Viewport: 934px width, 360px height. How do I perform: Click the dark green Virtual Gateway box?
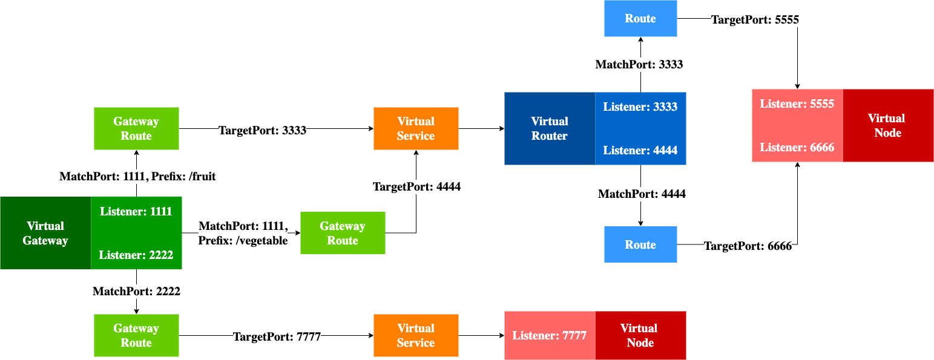(45, 233)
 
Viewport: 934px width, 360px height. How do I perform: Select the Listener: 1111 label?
(136, 212)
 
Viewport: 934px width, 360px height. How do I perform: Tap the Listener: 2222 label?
(136, 255)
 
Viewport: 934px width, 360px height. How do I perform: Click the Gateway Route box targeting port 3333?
(136, 129)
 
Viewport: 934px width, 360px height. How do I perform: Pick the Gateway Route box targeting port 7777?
(136, 335)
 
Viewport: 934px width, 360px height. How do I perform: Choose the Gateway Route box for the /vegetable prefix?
(343, 233)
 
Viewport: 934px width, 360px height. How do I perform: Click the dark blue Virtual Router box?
(550, 129)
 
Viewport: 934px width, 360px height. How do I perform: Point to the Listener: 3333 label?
(640, 107)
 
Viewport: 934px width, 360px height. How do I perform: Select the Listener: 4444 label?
(640, 151)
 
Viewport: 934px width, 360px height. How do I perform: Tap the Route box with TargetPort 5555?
(640, 18)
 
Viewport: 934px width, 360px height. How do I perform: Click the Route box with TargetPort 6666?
(640, 244)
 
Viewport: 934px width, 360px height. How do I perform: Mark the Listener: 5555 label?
(797, 103)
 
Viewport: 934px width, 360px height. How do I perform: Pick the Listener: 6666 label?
(797, 148)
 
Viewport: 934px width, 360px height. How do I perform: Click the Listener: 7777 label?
(549, 335)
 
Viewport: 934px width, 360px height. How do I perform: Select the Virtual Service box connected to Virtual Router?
(416, 129)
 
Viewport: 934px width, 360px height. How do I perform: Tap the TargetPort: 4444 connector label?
(416, 187)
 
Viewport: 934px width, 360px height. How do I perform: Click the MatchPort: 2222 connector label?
(136, 291)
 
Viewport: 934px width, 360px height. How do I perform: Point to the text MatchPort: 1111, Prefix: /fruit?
(137, 177)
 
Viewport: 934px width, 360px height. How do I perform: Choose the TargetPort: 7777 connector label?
(277, 336)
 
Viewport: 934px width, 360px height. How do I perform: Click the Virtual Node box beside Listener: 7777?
(640, 335)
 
